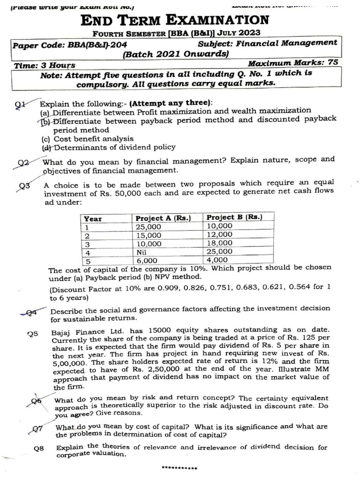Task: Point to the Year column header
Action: pos(93,218)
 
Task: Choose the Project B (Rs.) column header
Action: pos(234,217)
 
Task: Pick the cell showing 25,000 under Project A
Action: pos(148,227)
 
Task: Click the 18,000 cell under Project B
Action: pos(219,243)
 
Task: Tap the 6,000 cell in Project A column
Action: pos(146,261)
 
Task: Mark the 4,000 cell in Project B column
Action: pos(217,260)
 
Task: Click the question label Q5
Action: pos(32,334)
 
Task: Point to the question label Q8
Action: pos(39,449)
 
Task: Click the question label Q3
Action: pos(25,186)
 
